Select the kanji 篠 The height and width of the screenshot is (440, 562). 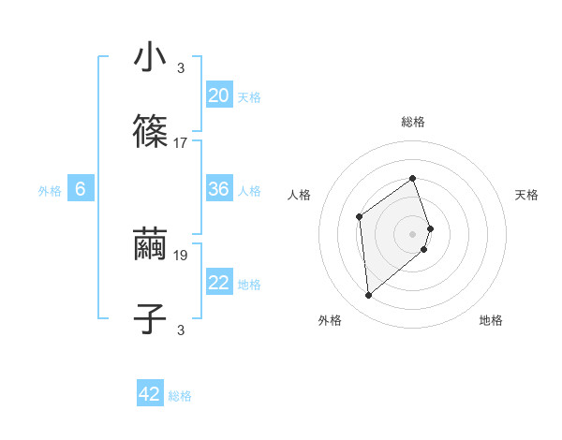(x=150, y=133)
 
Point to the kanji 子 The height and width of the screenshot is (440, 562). (x=150, y=318)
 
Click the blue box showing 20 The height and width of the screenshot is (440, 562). (x=219, y=95)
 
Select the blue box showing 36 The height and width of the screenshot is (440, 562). (x=219, y=189)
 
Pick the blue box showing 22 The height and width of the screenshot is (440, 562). (x=219, y=284)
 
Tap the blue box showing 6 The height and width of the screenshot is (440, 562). (x=81, y=189)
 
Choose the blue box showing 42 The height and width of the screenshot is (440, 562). (x=150, y=394)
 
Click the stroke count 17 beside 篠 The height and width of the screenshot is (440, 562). (x=181, y=143)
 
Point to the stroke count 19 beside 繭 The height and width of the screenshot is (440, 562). (x=181, y=254)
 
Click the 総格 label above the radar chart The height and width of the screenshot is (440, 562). (x=413, y=122)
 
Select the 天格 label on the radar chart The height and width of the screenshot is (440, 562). (x=526, y=195)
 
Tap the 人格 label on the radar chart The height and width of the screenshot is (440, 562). (x=300, y=195)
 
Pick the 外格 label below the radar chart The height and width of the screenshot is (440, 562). (x=330, y=320)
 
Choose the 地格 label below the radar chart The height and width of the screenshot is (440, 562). (x=491, y=320)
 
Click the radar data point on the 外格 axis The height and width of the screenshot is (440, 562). (x=369, y=296)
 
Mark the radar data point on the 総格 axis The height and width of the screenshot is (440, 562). (x=413, y=178)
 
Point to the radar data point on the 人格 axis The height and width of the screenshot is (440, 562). (x=360, y=217)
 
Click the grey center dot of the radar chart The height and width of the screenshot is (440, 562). (x=413, y=233)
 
